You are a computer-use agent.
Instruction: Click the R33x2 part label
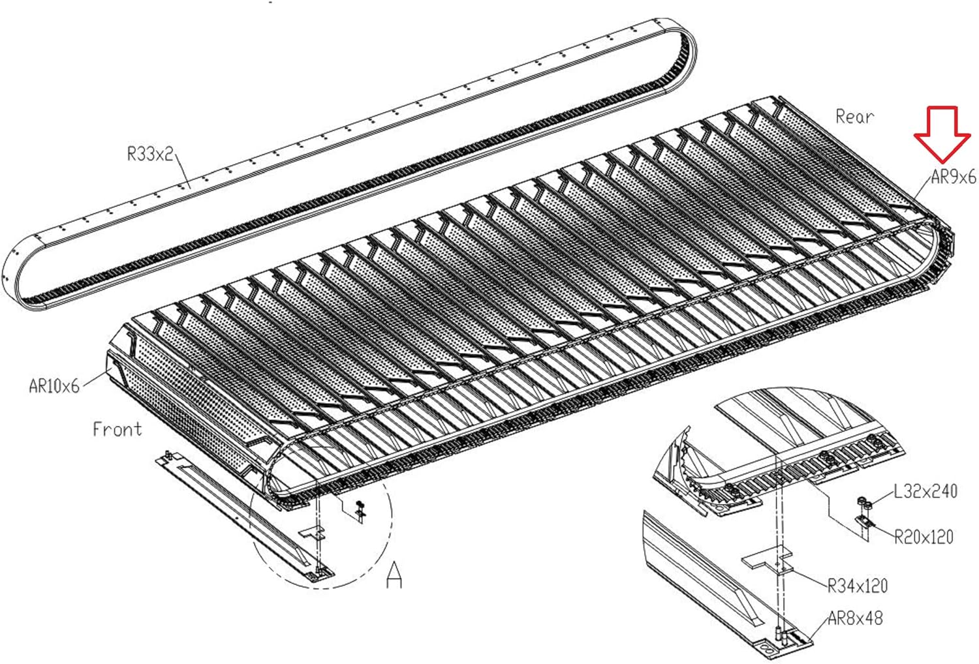[x=150, y=154]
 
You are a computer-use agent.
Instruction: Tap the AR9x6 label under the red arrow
[x=953, y=177]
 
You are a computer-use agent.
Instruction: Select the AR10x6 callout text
[x=54, y=385]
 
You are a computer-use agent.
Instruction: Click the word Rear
[x=854, y=117]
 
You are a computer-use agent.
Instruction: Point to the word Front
[x=117, y=429]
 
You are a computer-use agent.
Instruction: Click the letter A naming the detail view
[x=394, y=575]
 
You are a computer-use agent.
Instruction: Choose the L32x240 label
[x=925, y=491]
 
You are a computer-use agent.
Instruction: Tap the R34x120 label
[x=858, y=586]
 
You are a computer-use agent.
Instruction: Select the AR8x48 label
[x=855, y=618]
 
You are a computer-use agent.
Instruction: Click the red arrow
[x=942, y=134]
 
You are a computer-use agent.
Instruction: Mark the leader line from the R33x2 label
[x=182, y=171]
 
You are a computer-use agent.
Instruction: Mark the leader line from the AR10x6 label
[x=95, y=379]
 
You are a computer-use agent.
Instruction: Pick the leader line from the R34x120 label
[x=809, y=577]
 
